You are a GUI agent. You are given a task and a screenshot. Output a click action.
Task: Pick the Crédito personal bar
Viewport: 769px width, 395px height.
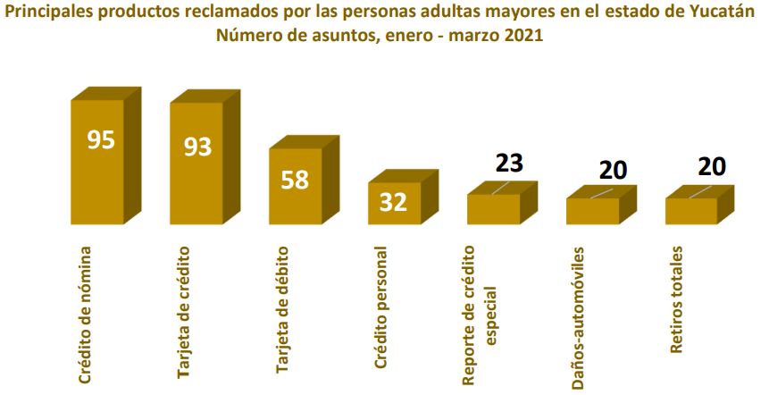click(394, 203)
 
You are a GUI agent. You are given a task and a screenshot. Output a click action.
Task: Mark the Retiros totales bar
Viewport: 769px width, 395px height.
click(691, 211)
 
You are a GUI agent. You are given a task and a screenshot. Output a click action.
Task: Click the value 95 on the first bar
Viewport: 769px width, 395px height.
click(101, 140)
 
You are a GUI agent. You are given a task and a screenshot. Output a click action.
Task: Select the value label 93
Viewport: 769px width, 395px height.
click(197, 146)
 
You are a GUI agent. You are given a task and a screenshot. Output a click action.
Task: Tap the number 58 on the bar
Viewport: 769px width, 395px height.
click(295, 180)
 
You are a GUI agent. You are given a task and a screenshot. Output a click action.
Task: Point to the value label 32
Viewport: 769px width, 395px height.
click(393, 202)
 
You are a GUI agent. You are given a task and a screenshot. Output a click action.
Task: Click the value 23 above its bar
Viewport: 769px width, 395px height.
click(508, 163)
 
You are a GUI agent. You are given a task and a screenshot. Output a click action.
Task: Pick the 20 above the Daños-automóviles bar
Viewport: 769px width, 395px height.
click(614, 170)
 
